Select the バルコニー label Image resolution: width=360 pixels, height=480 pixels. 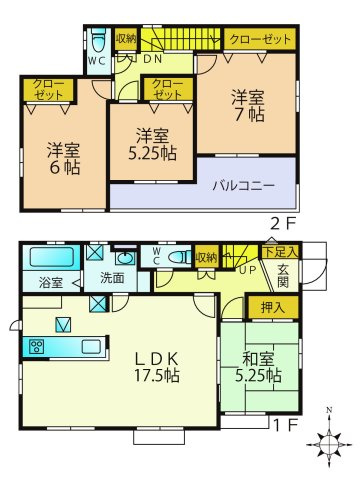tap(245, 184)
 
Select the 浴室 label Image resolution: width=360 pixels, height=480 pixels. tap(51, 283)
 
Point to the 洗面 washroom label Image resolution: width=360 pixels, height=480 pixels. tap(111, 278)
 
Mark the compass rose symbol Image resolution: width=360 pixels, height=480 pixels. tap(329, 441)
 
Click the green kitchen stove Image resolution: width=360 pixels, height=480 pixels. tap(37, 347)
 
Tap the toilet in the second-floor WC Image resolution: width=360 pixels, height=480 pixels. tap(97, 43)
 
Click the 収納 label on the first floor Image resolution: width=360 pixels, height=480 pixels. tap(205, 257)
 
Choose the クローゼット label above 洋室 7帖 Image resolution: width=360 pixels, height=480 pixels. tap(260, 40)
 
